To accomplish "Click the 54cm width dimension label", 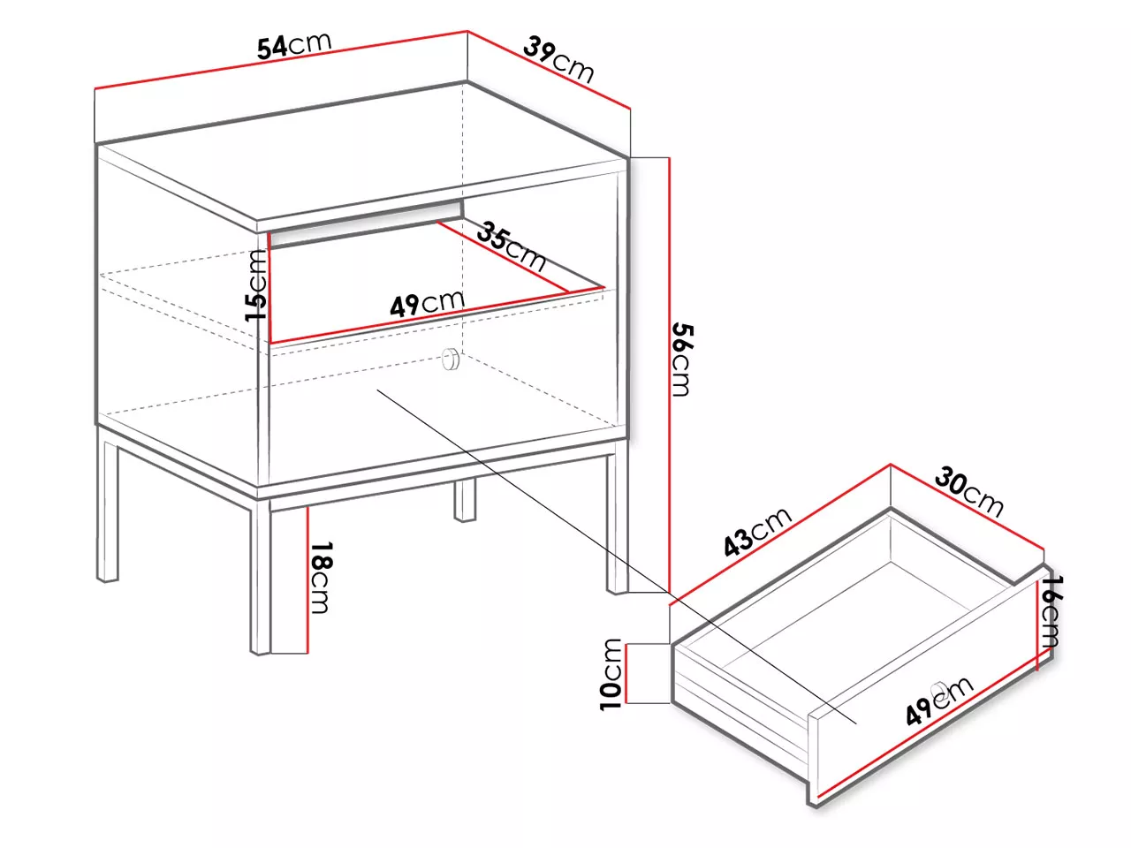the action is point(294,45).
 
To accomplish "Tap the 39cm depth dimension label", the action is point(558,59).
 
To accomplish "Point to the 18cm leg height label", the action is point(322,577).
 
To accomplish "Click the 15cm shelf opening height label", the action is point(256,285).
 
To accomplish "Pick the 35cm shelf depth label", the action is point(511,246).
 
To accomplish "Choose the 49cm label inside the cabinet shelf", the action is point(427,303).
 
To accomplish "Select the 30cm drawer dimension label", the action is point(968,491).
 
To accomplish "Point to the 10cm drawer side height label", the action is point(611,675).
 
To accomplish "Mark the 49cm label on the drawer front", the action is point(939,700).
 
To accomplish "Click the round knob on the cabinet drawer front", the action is point(451,359).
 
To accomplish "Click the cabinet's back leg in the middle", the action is point(465,499).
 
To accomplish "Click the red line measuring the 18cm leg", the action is point(307,579).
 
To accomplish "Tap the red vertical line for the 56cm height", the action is point(670,375).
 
